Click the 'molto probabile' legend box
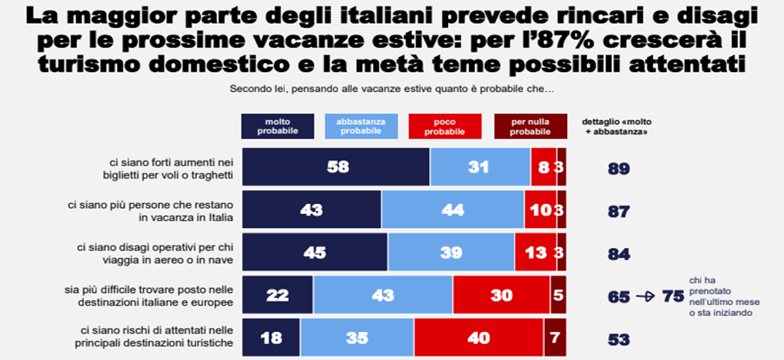[277, 126]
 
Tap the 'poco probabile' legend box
[445, 126]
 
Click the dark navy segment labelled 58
[336, 167]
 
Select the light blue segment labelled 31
[480, 167]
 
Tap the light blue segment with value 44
[453, 210]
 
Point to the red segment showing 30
[502, 294]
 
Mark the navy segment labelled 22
[278, 294]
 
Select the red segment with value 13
[535, 253]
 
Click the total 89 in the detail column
[618, 169]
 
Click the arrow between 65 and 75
[645, 296]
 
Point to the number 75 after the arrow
[672, 296]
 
